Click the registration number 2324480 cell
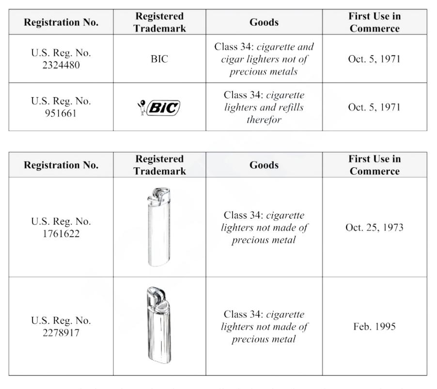tap(61, 58)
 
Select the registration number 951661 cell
tap(61, 107)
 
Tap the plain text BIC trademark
tap(159, 59)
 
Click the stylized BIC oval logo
tap(163, 107)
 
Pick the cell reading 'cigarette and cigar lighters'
tap(264, 59)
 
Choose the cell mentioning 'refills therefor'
tap(264, 107)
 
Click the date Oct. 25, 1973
tap(375, 227)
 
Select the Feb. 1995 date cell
tap(375, 326)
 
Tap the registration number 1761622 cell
tap(61, 227)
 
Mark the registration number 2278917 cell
tap(61, 326)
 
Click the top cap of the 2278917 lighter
tap(156, 296)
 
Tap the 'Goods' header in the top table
tap(264, 22)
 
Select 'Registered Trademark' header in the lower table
tap(159, 165)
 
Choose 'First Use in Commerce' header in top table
tap(375, 22)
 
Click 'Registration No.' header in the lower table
tap(61, 165)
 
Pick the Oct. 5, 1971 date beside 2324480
tap(375, 59)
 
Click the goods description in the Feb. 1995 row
tap(264, 326)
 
